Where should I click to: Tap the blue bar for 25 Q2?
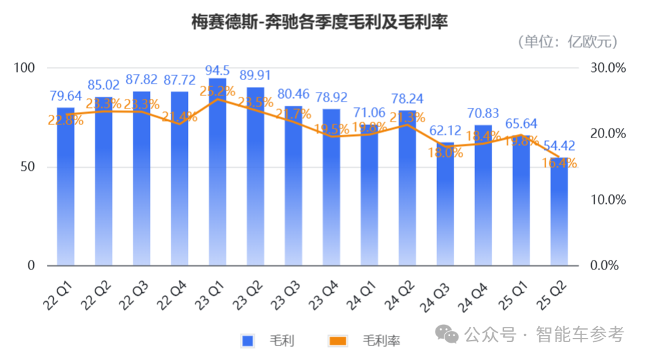(559, 214)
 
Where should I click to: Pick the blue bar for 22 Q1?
(66, 187)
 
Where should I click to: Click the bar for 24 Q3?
(445, 207)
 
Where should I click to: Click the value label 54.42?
(559, 146)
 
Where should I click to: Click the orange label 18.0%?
(445, 153)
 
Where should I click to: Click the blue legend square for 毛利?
(247, 340)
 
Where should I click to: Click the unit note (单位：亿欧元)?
(567, 42)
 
